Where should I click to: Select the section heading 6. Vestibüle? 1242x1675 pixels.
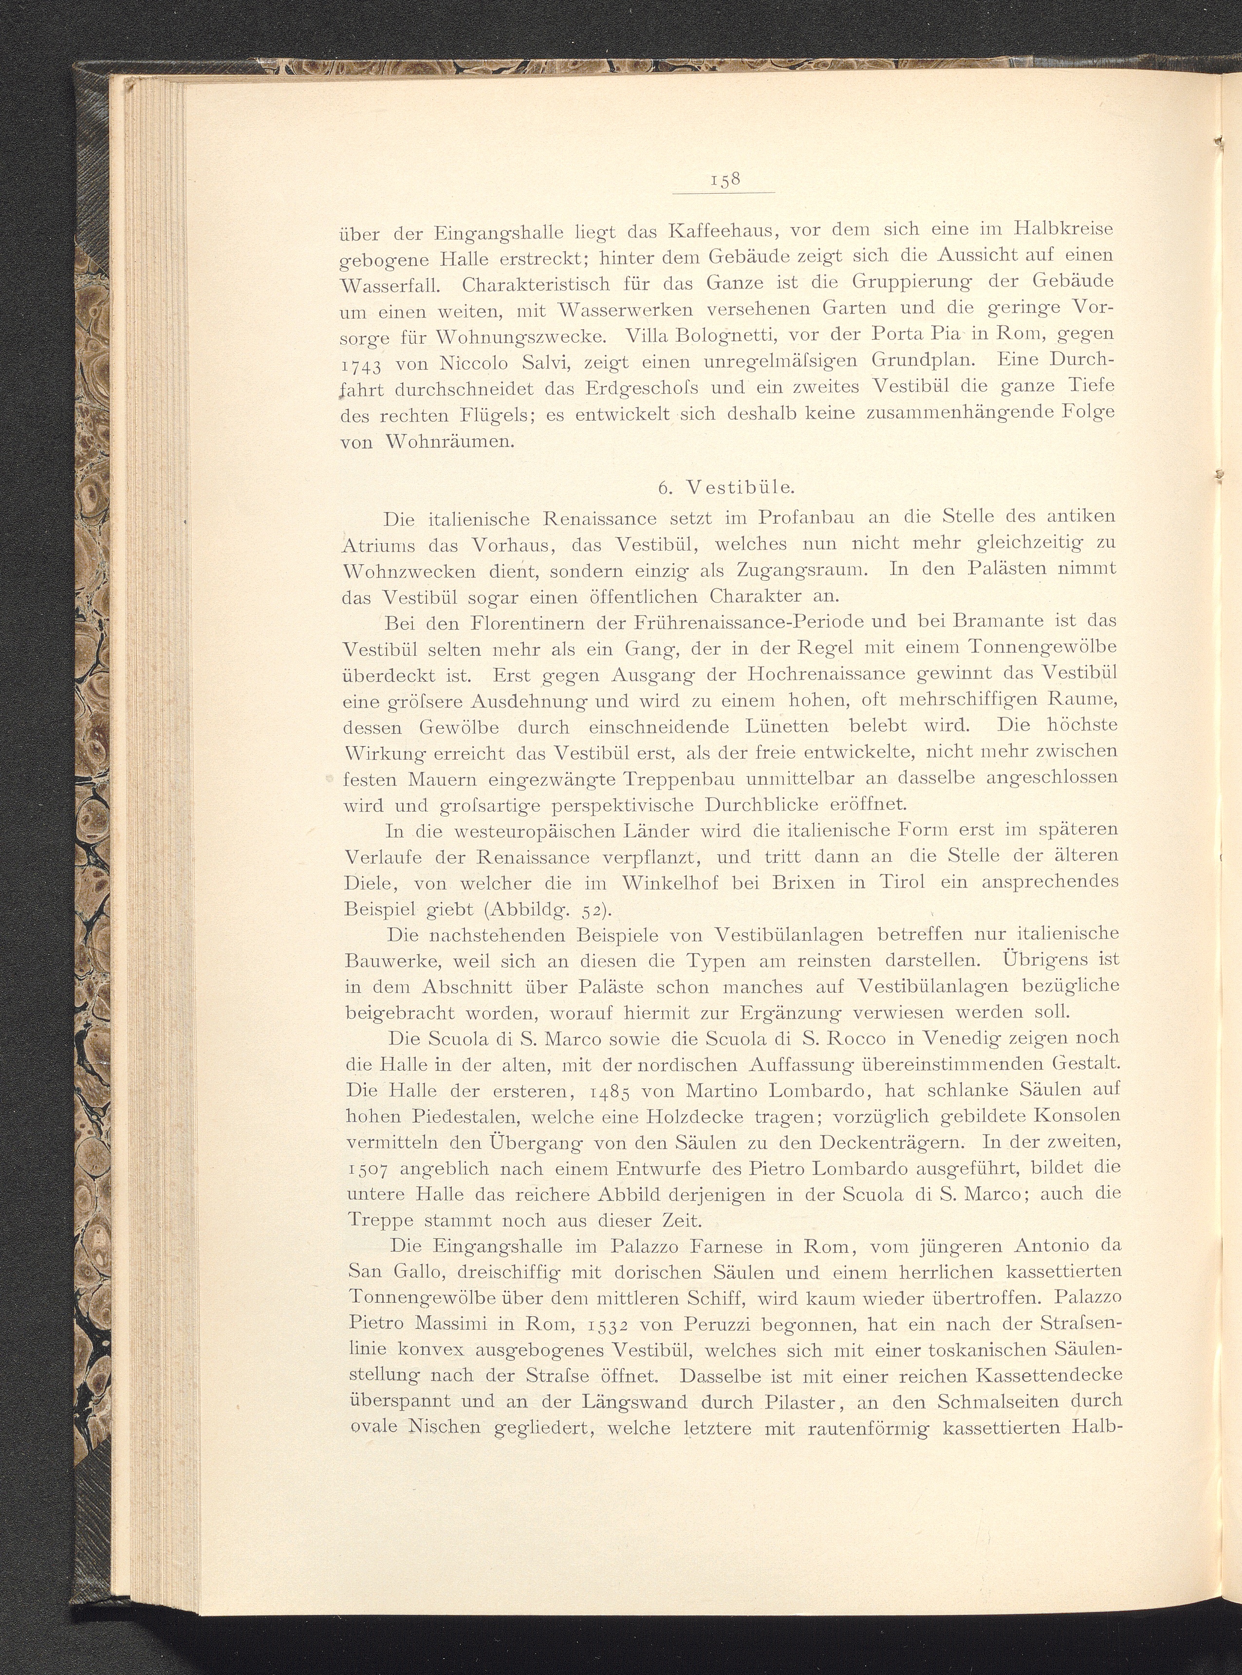pyautogui.click(x=725, y=487)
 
